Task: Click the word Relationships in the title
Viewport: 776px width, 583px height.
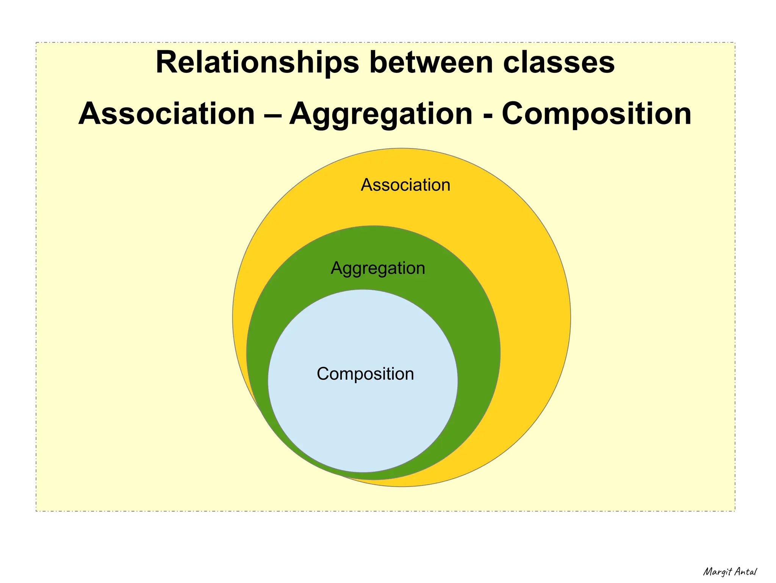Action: pyautogui.click(x=257, y=63)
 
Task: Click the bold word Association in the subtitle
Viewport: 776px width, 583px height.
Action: pyautogui.click(x=167, y=113)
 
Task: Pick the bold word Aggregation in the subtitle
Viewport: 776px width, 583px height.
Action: pyautogui.click(x=381, y=113)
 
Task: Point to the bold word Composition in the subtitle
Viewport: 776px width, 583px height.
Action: pyautogui.click(x=596, y=113)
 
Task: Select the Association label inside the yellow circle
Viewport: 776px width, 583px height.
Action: pyautogui.click(x=405, y=185)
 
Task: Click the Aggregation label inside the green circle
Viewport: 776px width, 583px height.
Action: pyautogui.click(x=378, y=269)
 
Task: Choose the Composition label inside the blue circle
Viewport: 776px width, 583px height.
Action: pyautogui.click(x=365, y=374)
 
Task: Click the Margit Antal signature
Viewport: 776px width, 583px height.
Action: pyautogui.click(x=730, y=572)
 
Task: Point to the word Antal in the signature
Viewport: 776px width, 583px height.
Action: pyautogui.click(x=745, y=571)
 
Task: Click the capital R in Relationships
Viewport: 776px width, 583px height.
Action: pyautogui.click(x=167, y=63)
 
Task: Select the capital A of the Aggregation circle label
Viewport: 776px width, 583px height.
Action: pyautogui.click(x=337, y=268)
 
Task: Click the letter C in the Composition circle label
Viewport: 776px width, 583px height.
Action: pyautogui.click(x=323, y=374)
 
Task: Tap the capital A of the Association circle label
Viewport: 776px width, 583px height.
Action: pyautogui.click(x=367, y=185)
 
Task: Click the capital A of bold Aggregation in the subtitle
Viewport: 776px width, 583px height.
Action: pyautogui.click(x=302, y=113)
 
